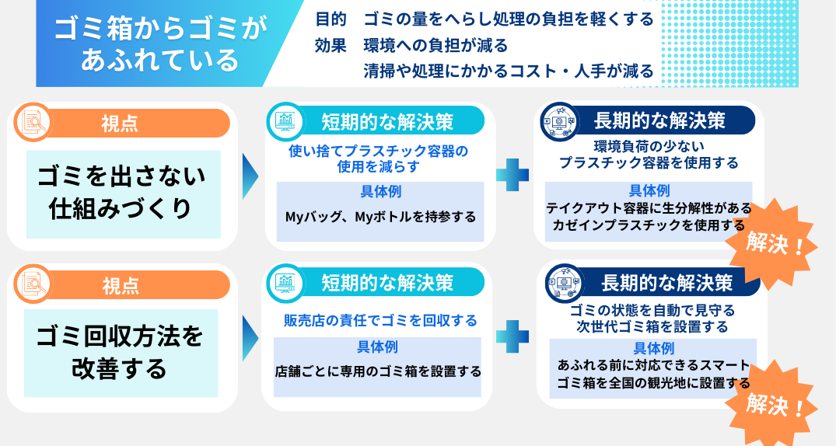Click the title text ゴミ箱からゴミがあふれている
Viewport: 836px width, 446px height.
pyautogui.click(x=159, y=44)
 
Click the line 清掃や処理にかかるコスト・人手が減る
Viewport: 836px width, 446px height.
pyautogui.click(x=509, y=72)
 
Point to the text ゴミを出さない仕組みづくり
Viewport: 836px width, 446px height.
pyautogui.click(x=122, y=193)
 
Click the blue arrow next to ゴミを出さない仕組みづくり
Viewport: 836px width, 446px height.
pyautogui.click(x=250, y=176)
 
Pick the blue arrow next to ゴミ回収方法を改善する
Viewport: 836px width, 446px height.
pyautogui.click(x=250, y=338)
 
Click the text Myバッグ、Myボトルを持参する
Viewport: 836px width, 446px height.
pyautogui.click(x=380, y=217)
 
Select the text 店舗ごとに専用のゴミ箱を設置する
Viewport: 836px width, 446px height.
pyautogui.click(x=378, y=371)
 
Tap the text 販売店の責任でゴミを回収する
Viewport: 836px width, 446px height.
pyautogui.click(x=380, y=320)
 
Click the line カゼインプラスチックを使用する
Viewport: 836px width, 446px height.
pyautogui.click(x=649, y=225)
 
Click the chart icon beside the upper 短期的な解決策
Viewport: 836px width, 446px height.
pyautogui.click(x=286, y=121)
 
